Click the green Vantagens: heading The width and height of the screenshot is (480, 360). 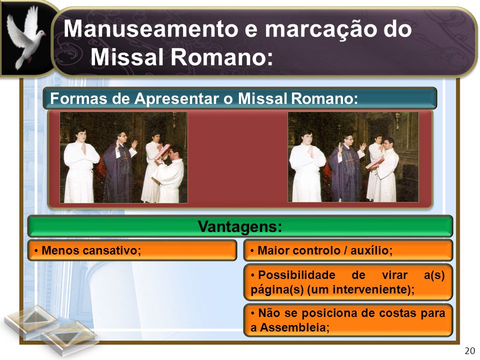[240, 226]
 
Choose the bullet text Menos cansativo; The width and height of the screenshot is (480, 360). [91, 250]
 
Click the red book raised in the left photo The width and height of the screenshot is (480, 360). [163, 151]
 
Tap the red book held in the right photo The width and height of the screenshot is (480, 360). [374, 163]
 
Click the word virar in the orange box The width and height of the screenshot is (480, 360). [394, 275]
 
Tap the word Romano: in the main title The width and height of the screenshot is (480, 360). [222, 57]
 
